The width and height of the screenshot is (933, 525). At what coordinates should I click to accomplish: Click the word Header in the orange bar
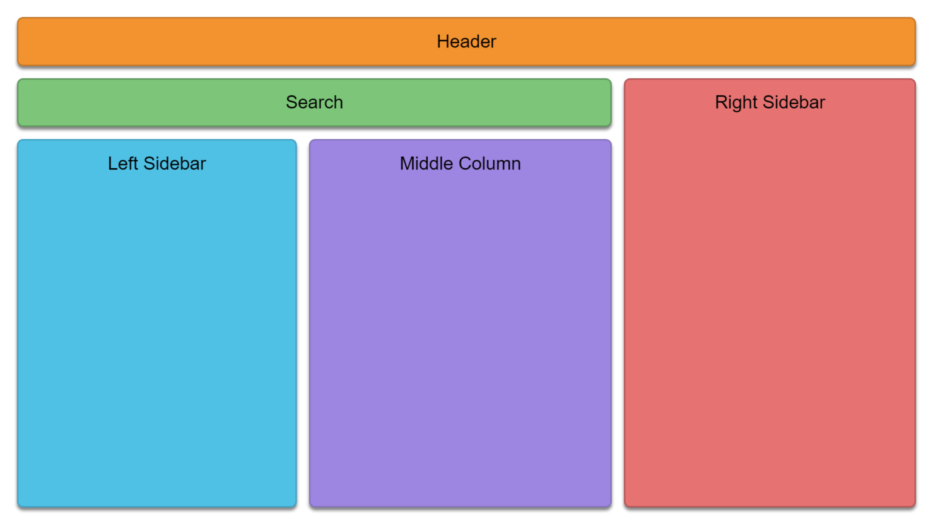click(466, 42)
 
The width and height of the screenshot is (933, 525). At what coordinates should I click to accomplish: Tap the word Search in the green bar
click(315, 103)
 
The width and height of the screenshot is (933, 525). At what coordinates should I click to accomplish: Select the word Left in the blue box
click(123, 163)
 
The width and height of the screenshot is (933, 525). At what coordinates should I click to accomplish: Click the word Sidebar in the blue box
click(174, 163)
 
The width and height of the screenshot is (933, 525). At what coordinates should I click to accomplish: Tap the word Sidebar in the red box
click(793, 103)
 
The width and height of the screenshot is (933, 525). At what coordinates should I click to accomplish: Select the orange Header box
click(466, 42)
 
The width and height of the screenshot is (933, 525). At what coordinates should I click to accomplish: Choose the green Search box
click(315, 103)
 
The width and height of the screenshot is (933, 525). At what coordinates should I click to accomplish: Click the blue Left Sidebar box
click(157, 323)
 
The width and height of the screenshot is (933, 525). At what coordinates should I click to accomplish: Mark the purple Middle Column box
click(460, 323)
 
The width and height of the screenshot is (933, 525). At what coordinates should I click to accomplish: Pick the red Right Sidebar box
click(770, 293)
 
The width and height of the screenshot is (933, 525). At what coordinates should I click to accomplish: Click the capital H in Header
click(443, 42)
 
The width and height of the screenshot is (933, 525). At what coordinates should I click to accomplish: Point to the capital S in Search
click(292, 103)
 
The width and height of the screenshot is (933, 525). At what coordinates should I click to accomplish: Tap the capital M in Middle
click(408, 163)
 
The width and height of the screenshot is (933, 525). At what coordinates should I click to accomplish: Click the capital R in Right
click(722, 103)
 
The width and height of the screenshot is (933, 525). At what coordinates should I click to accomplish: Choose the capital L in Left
click(114, 163)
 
